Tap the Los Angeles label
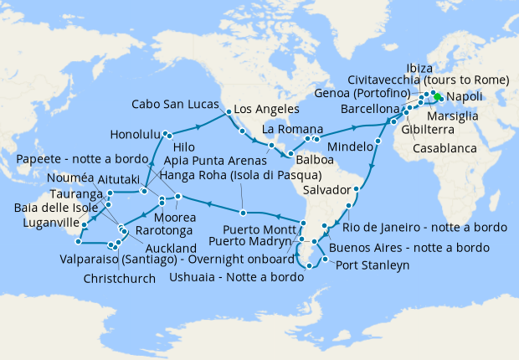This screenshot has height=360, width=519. click(x=266, y=110)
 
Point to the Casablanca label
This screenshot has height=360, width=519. click(x=445, y=148)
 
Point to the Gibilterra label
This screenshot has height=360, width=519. click(x=443, y=132)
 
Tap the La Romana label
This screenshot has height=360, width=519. click(x=288, y=130)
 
